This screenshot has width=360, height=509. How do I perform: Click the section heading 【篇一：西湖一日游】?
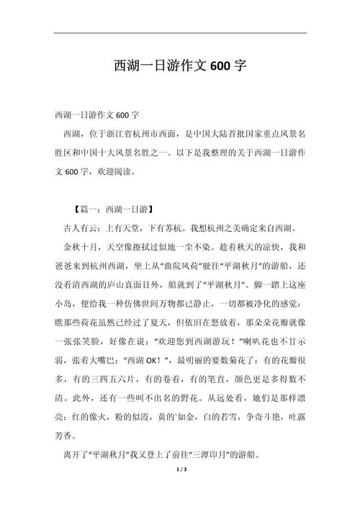[x=112, y=210]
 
